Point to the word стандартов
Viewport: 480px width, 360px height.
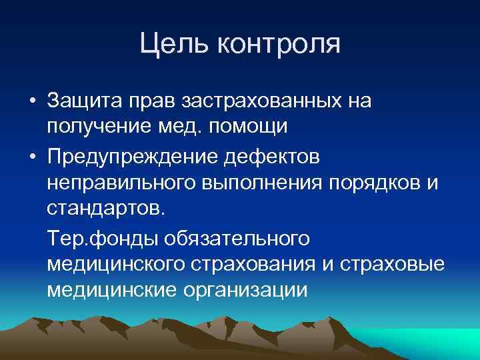[x=103, y=209]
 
